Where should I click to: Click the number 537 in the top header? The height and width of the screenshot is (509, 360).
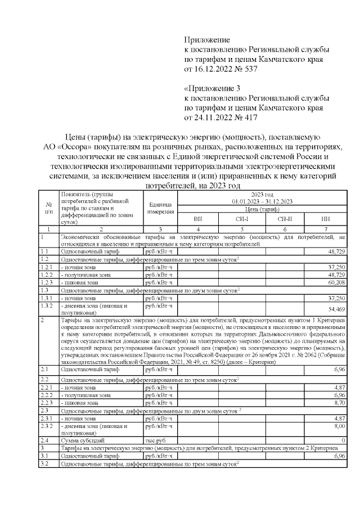pos(247,70)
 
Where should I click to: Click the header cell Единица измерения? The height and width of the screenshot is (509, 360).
pos(160,208)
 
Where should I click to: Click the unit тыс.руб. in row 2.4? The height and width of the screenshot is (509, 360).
pos(155,440)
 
